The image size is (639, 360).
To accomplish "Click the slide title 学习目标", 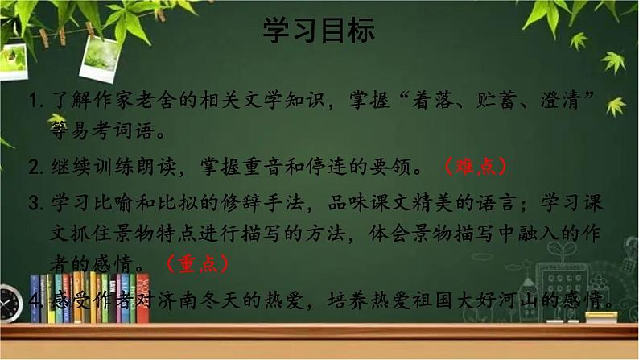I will coord(319,31).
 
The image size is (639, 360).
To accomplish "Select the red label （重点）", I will coord(197,263).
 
